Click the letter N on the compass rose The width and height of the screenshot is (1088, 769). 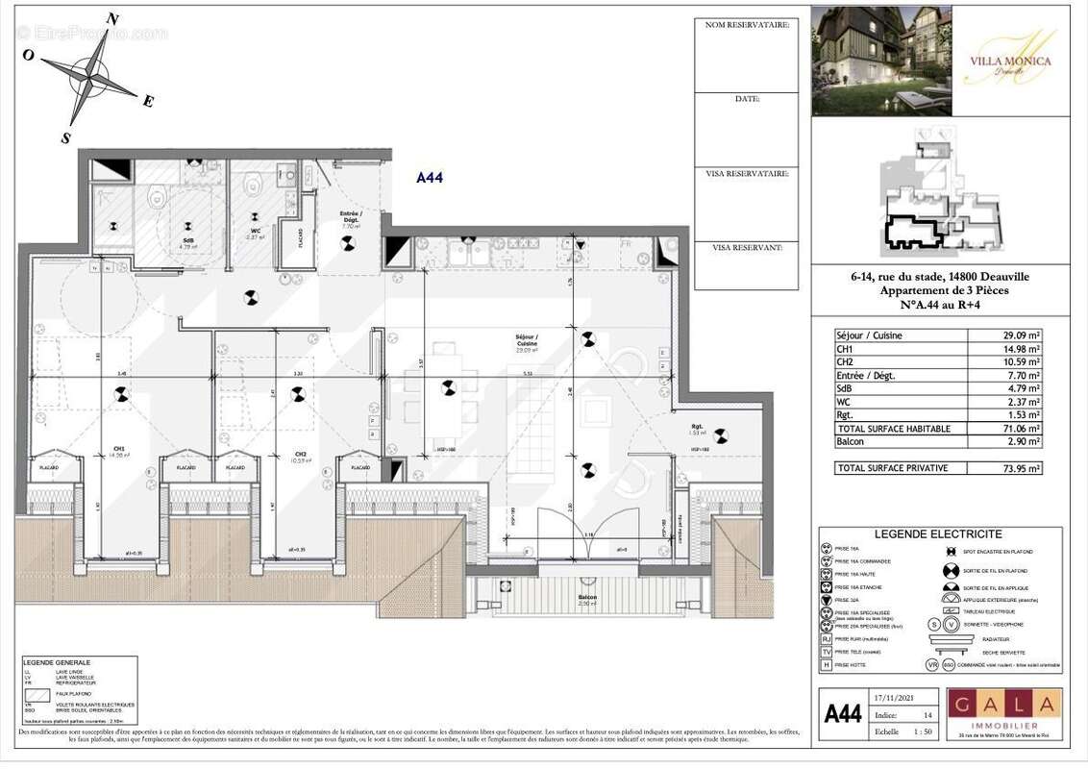coord(112,18)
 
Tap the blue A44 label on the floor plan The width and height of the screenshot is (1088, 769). coord(429,177)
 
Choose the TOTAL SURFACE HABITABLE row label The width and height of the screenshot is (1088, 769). coord(893,428)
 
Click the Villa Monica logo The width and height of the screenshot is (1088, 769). coord(1010,62)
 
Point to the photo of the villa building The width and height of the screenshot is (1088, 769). coord(881,61)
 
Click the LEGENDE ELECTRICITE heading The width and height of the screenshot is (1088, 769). coord(939,534)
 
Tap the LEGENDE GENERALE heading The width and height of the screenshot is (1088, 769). coord(58,662)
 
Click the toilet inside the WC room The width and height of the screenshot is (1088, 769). coord(255,184)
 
